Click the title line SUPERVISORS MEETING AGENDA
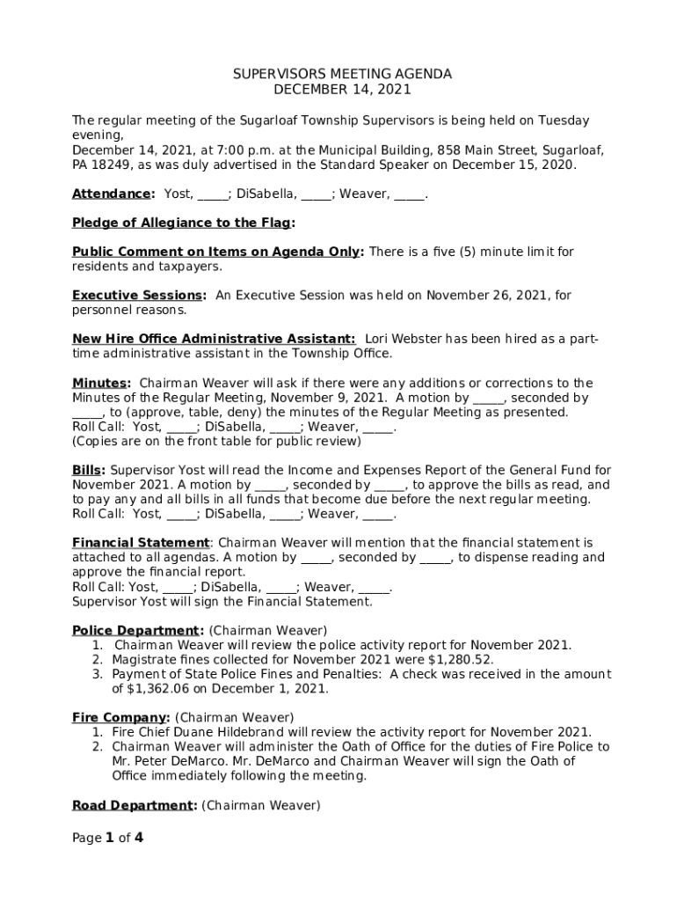pyautogui.click(x=342, y=75)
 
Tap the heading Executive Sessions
pyautogui.click(x=138, y=296)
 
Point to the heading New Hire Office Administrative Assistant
pyautogui.click(x=214, y=339)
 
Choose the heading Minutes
pyautogui.click(x=100, y=383)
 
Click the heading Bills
pyautogui.click(x=88, y=470)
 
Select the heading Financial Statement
pyautogui.click(x=141, y=543)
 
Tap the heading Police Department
pyautogui.click(x=136, y=630)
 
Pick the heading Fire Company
pyautogui.click(x=120, y=717)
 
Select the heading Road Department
pyautogui.click(x=133, y=805)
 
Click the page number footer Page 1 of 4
pyautogui.click(x=108, y=838)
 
